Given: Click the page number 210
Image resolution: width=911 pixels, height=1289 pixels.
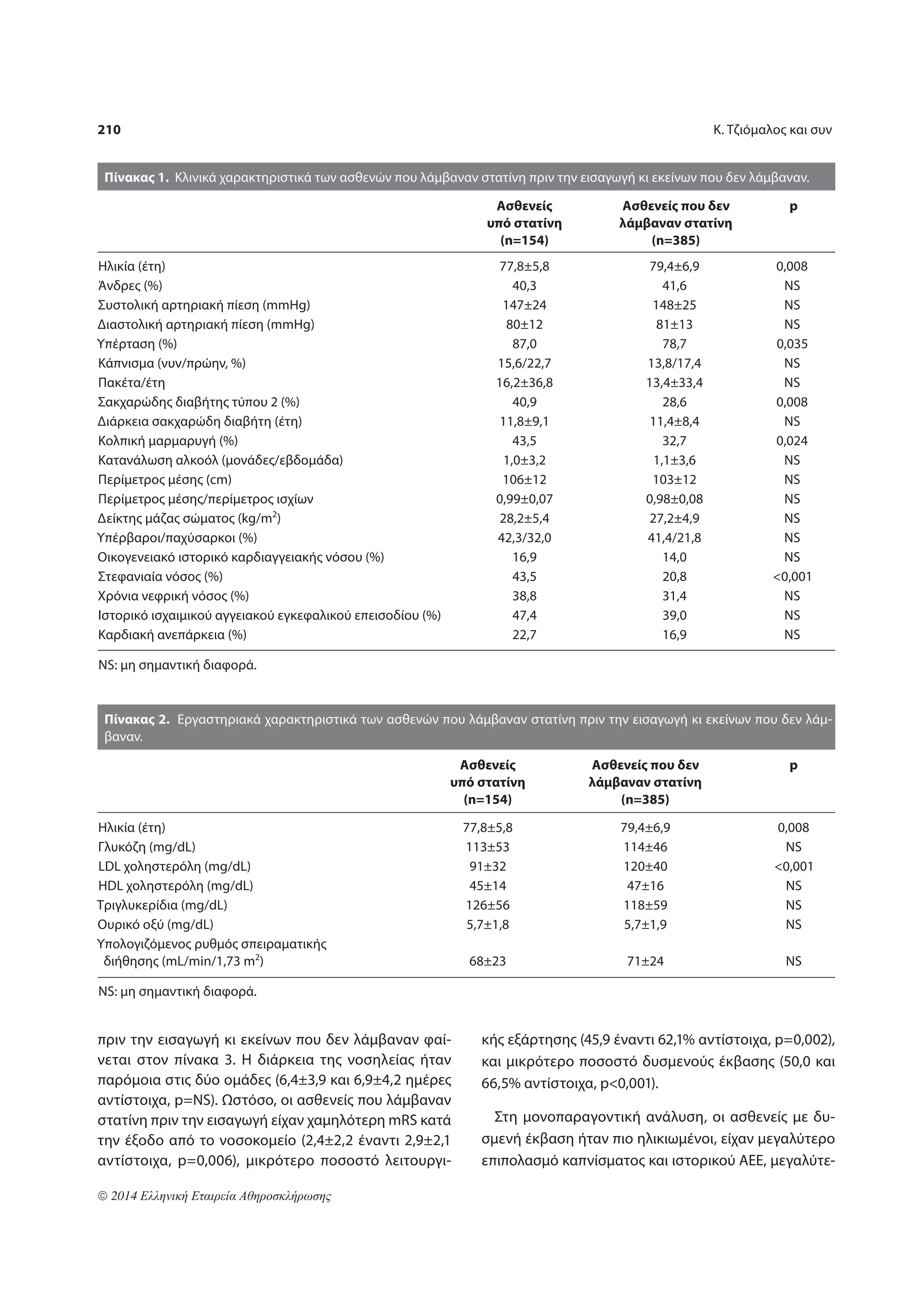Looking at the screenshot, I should tap(109, 129).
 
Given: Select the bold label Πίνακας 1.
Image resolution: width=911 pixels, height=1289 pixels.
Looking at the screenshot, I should tap(137, 178).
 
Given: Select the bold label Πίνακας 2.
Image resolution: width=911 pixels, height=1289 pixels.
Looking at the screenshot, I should tap(137, 720).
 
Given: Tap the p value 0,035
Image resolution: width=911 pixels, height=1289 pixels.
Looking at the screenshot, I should tap(791, 344).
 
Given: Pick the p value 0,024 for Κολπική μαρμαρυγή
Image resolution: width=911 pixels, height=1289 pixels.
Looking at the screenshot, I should tap(791, 440).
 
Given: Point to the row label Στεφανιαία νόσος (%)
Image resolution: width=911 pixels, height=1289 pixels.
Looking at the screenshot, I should tap(160, 577).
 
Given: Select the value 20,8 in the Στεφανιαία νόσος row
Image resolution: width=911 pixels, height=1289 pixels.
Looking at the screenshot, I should tap(673, 577).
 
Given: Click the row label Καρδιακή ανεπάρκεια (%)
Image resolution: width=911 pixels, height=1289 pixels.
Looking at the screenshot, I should tap(172, 635).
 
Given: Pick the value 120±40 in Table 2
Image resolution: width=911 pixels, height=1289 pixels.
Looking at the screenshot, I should tap(645, 866).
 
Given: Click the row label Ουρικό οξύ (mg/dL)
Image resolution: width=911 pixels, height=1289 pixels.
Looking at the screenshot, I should tap(156, 924).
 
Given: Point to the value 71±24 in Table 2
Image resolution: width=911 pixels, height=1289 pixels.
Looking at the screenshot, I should tap(645, 961).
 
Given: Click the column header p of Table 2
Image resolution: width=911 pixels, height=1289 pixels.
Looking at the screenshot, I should tap(793, 766).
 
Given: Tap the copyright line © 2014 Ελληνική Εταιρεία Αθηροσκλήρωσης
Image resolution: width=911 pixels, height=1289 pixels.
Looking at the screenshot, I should tap(214, 1196).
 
